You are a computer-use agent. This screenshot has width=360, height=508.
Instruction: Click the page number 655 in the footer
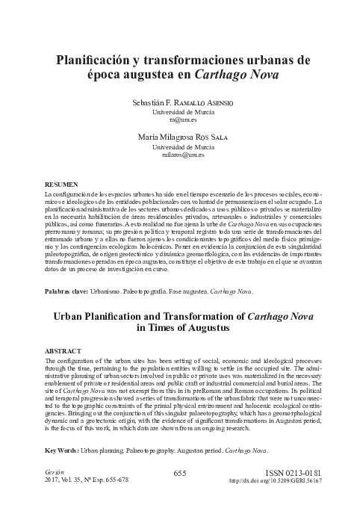click(179, 473)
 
